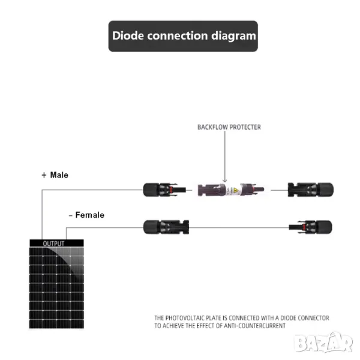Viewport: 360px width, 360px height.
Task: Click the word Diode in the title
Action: [129, 35]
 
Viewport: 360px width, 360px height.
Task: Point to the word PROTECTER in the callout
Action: [245, 127]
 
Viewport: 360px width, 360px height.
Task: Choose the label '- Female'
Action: [86, 215]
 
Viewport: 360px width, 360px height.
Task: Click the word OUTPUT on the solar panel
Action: [54, 244]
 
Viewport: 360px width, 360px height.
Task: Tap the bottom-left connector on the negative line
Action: [166, 227]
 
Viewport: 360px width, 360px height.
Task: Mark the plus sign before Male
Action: [44, 175]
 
